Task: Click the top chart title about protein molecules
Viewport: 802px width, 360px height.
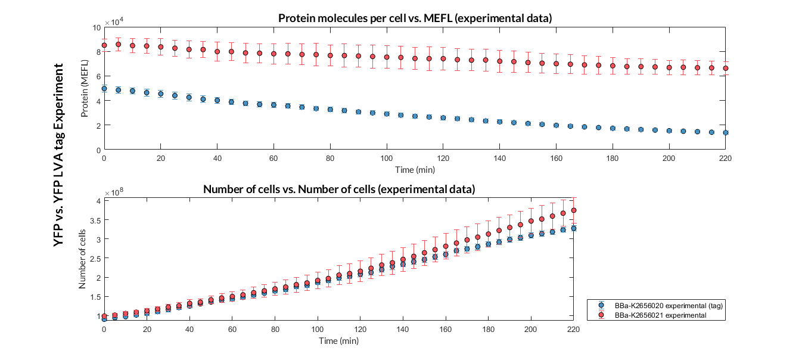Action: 415,18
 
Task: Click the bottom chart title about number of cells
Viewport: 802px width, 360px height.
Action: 339,190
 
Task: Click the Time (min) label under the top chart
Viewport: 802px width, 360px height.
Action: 415,170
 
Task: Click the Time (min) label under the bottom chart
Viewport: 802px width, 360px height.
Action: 339,341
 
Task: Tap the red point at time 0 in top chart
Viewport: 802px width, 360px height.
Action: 104,45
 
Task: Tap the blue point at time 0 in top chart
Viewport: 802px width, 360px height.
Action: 104,89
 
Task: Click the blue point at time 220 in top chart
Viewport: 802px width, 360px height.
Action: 726,132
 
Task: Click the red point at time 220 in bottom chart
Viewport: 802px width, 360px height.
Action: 574,210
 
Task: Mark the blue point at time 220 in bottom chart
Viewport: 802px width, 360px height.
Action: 574,228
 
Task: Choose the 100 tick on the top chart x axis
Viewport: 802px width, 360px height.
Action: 387,158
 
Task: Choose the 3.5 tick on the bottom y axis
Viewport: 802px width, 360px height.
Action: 93,220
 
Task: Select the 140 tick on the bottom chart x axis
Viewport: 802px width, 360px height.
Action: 403,329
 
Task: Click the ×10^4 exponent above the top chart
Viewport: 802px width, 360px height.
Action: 114,22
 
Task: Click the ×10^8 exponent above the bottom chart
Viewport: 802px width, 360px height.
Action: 114,193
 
